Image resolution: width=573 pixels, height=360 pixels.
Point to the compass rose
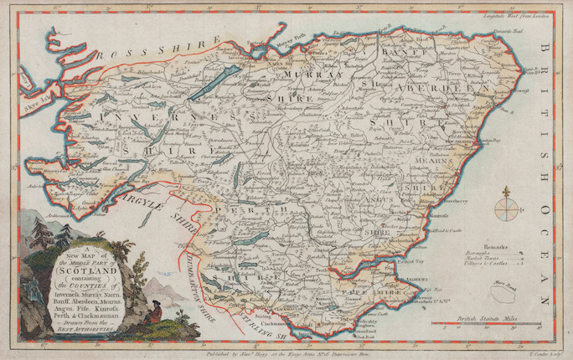click(506, 206)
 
